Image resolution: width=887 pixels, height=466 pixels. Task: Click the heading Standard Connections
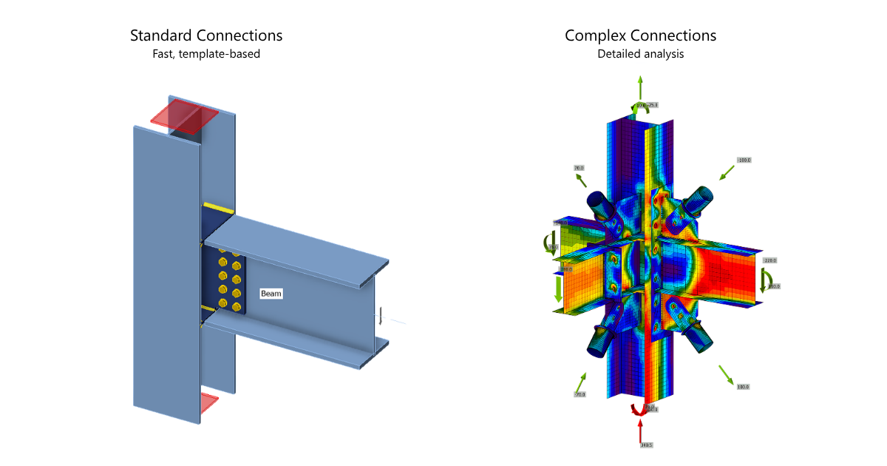click(206, 36)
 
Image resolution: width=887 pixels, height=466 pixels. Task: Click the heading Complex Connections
click(640, 36)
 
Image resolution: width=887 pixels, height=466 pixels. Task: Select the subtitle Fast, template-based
click(206, 54)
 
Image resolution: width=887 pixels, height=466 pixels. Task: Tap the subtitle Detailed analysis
click(640, 54)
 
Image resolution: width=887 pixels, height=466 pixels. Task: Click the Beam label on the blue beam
click(271, 294)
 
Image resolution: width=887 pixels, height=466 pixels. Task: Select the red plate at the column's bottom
click(209, 403)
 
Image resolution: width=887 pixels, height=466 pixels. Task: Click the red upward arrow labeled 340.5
click(640, 429)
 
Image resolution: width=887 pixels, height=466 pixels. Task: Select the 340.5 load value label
click(646, 445)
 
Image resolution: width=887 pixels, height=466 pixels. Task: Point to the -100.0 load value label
click(744, 160)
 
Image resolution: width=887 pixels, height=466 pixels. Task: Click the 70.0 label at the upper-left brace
click(579, 169)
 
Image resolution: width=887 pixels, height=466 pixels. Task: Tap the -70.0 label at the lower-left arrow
click(580, 394)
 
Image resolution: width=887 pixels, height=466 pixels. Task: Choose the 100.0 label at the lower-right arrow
click(743, 387)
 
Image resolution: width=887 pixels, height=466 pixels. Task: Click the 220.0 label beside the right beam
click(770, 260)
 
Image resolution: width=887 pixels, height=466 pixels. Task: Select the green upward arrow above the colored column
click(640, 89)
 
